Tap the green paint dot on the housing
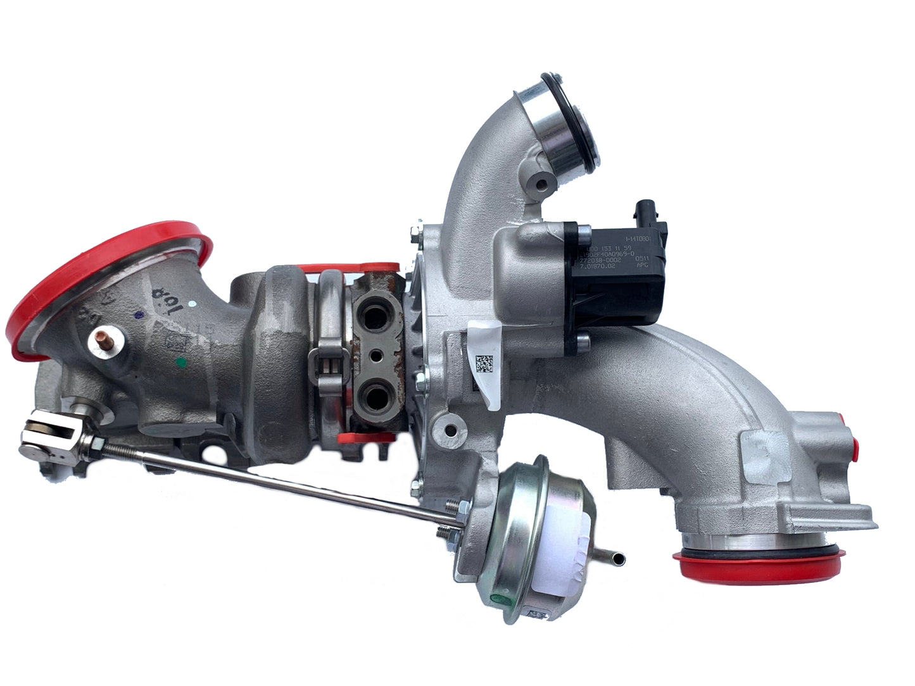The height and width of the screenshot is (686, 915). [182, 363]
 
